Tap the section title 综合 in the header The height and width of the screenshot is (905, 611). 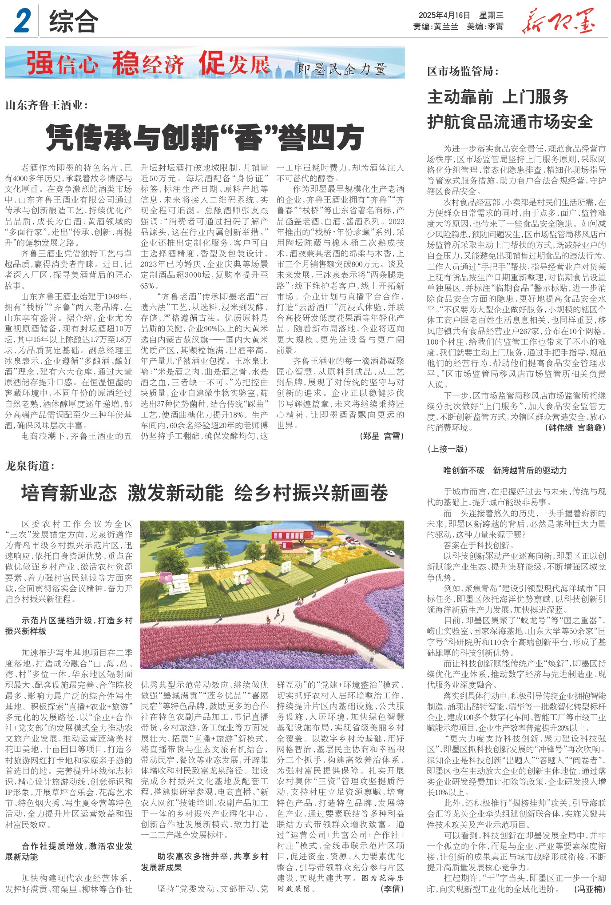click(73, 22)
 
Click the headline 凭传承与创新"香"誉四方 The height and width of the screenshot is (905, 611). click(205, 137)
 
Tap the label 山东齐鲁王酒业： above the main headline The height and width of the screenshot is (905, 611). click(47, 105)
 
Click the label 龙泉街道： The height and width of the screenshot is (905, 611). click(30, 466)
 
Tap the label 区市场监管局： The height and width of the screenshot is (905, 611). click(463, 71)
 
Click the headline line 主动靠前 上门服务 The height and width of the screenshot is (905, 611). click(497, 97)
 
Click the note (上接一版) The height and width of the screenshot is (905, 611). click(448, 449)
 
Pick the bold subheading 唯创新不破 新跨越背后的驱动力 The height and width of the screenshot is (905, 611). click(505, 470)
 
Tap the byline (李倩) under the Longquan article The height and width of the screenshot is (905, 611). click(392, 889)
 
